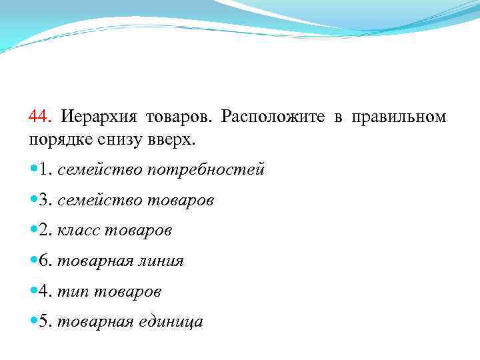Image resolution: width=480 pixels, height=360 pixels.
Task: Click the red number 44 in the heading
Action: coord(39,117)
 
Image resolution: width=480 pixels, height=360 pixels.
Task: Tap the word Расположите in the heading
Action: coord(272,117)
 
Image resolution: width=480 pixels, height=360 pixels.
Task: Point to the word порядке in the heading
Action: coord(59,140)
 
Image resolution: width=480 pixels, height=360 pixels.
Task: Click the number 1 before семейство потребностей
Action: coord(43,169)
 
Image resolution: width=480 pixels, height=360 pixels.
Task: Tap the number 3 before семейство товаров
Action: coord(43,200)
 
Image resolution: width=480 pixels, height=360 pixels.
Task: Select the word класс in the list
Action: coord(78,231)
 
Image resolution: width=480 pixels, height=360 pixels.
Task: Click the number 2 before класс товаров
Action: coord(43,230)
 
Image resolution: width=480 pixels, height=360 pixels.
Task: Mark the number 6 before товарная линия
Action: coord(43,261)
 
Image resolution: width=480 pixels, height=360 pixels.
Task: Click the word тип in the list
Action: coord(71,292)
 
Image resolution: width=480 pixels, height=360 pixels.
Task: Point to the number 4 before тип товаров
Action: coord(43,291)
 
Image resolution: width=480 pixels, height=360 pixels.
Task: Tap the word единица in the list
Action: coord(173,322)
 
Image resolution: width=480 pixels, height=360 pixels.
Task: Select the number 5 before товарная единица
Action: coord(43,322)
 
